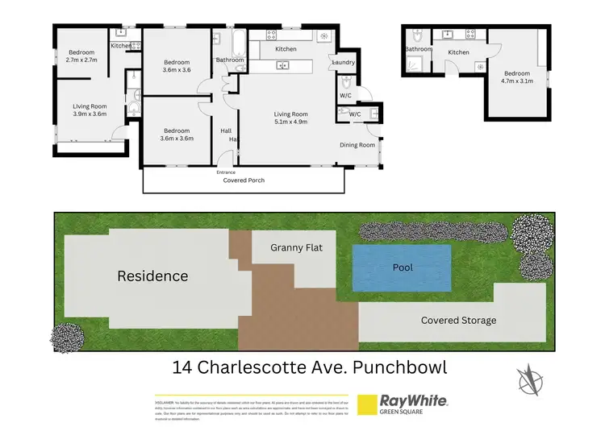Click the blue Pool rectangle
[401, 268]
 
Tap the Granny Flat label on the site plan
[296, 247]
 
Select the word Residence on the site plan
[152, 276]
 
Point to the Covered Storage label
[458, 320]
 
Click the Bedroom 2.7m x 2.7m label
[81, 56]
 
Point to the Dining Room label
[357, 145]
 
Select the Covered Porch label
[244, 180]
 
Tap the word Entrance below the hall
[226, 172]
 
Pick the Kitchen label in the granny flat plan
[458, 52]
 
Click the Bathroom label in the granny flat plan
[419, 49]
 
